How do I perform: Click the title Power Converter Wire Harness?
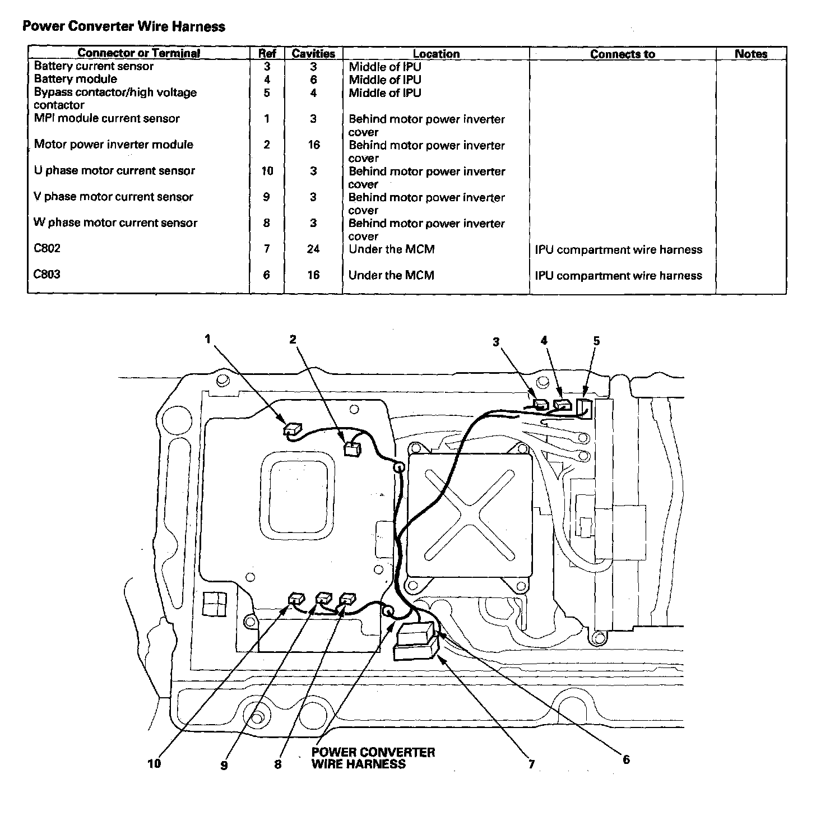point(123,26)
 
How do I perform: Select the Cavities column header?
point(313,54)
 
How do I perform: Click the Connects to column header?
point(622,54)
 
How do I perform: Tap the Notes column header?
point(750,54)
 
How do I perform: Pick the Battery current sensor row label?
point(94,66)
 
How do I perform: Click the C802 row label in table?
point(47,248)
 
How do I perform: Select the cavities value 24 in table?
point(313,249)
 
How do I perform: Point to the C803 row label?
point(47,275)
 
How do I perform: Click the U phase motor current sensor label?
point(114,171)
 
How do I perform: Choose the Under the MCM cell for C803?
point(391,275)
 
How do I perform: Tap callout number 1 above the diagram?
point(208,339)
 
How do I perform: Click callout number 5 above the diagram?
point(596,341)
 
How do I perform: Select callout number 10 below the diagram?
point(154,763)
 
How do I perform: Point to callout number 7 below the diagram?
point(531,764)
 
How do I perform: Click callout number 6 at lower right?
point(626,759)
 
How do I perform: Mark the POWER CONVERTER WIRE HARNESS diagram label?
point(373,758)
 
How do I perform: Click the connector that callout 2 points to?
point(352,448)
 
